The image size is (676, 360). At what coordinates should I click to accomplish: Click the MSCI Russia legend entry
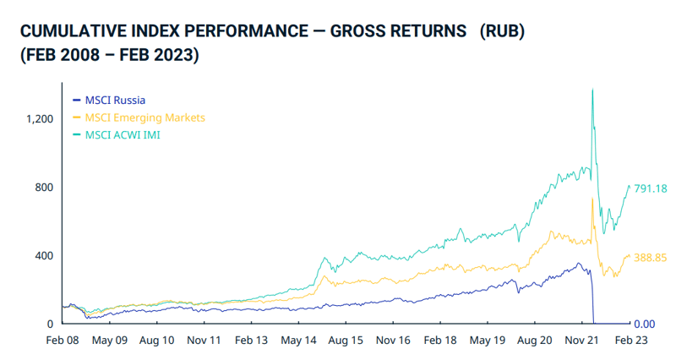click(x=109, y=101)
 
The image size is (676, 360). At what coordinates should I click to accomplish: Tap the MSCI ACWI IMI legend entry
click(x=123, y=134)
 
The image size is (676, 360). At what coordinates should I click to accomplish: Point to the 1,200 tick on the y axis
click(x=40, y=118)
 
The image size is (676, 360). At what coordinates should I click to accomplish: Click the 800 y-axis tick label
click(x=44, y=187)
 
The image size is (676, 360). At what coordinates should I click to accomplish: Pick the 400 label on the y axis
click(x=44, y=255)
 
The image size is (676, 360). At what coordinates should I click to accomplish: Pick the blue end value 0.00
click(x=644, y=324)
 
